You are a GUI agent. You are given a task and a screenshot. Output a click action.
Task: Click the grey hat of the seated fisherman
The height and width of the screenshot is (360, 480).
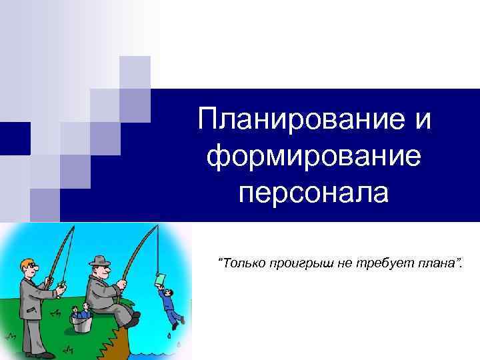pos(100,260)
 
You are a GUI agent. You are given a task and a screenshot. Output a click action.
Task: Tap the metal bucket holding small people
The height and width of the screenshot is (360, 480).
pos(81,323)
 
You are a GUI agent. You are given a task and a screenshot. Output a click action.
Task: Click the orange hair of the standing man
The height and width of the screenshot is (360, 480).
pos(25,263)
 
